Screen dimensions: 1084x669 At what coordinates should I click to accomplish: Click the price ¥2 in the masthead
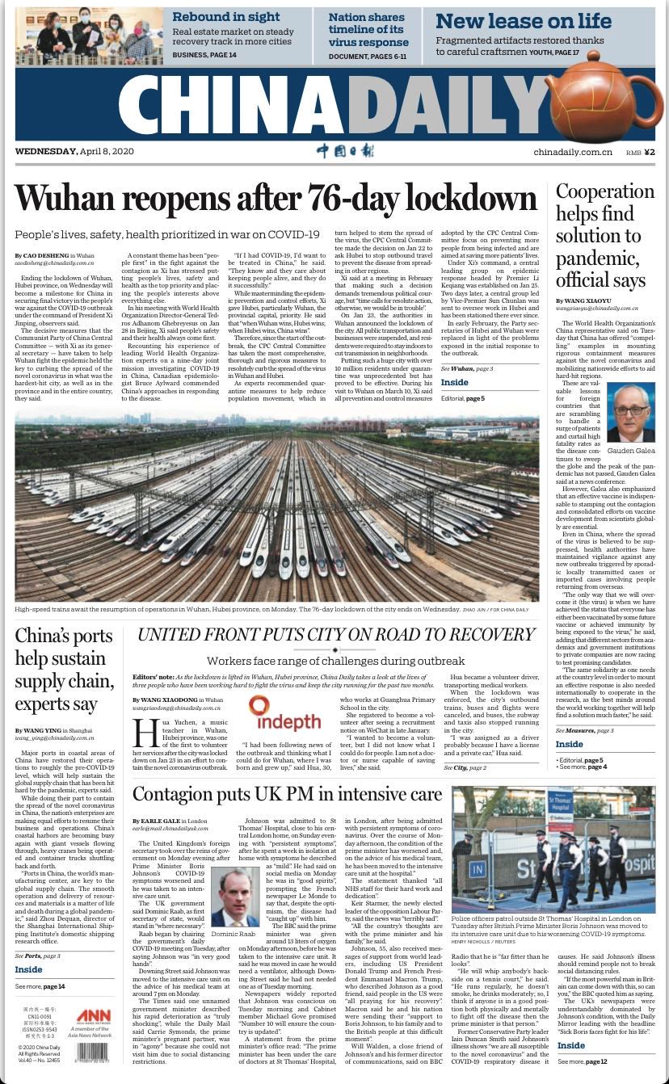click(x=649, y=152)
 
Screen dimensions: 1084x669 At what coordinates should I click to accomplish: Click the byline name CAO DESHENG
click(x=49, y=255)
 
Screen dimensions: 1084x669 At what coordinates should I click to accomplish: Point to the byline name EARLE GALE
click(x=168, y=821)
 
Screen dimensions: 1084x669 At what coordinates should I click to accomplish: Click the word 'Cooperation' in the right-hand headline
click(x=605, y=192)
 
